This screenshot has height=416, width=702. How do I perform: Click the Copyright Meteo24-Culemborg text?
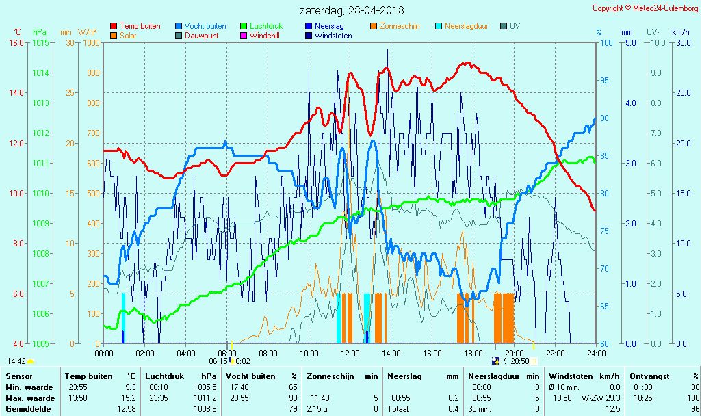645,8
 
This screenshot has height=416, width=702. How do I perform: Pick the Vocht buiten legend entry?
205,26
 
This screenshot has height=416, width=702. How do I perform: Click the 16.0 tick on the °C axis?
16,42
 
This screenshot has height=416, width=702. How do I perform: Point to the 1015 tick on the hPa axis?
40,42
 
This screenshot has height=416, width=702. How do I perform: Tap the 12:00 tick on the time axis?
350,353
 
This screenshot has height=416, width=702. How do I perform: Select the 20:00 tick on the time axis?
515,353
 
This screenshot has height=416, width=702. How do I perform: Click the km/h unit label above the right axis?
680,32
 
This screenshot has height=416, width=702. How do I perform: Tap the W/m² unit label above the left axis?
87,32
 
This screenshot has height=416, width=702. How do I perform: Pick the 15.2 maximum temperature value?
129,398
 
